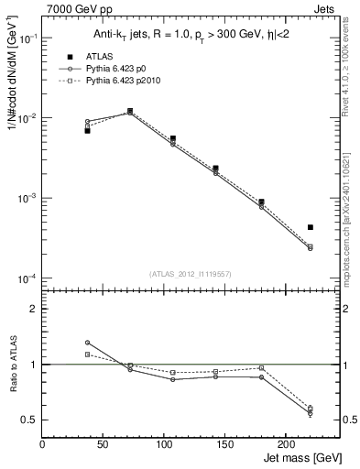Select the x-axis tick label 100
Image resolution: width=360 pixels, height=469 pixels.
[165, 444]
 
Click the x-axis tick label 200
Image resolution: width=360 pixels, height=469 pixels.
[287, 444]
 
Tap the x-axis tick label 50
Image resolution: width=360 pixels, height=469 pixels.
[104, 444]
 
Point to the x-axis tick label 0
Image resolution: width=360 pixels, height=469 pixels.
[42, 444]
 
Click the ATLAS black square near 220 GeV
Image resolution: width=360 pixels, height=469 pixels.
[311, 227]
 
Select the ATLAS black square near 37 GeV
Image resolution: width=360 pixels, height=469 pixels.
[87, 131]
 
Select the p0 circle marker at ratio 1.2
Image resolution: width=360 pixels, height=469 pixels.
[87, 343]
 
